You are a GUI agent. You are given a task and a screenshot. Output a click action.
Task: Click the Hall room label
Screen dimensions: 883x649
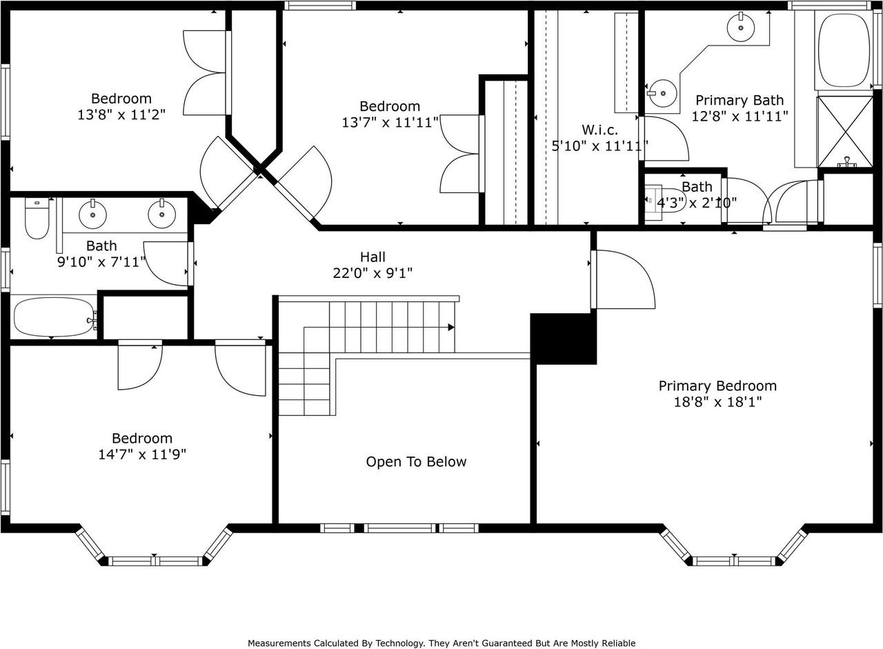[x=373, y=257]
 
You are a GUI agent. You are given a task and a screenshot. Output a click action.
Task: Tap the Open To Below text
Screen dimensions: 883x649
[x=416, y=462]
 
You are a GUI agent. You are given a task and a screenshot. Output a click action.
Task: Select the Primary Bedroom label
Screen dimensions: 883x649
[x=718, y=386]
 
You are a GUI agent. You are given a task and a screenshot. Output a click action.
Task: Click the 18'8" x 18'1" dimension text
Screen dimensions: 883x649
[x=718, y=402]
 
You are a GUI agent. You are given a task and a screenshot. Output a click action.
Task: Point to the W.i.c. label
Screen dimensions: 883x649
[x=600, y=130]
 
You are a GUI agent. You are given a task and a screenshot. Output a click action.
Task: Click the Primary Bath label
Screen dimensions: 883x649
[x=740, y=100]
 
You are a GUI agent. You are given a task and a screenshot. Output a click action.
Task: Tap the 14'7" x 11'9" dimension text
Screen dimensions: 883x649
[x=142, y=455]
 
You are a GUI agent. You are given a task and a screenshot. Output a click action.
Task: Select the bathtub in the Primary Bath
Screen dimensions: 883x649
[x=844, y=50]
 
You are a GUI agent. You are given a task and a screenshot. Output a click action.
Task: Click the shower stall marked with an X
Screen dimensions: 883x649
[x=845, y=132]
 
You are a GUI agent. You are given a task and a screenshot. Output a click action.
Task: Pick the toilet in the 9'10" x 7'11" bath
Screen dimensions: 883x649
[x=37, y=218]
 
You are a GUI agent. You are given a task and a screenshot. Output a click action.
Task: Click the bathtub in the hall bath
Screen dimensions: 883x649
[x=54, y=317]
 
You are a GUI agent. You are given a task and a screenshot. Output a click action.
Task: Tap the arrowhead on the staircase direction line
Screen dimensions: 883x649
[x=451, y=327]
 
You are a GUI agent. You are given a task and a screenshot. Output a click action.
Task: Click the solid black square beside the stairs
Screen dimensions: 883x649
[x=564, y=339]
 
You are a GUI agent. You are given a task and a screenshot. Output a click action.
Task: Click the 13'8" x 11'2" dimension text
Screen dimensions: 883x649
[x=121, y=114]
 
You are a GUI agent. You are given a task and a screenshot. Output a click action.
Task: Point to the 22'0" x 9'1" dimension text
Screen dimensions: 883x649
[x=373, y=272]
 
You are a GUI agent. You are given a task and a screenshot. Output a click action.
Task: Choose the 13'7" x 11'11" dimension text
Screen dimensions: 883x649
[x=390, y=123]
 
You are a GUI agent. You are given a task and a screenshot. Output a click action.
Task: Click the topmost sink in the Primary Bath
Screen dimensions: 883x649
[x=741, y=28]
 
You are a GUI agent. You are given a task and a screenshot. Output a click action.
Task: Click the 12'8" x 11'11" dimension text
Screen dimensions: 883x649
[x=740, y=117]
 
